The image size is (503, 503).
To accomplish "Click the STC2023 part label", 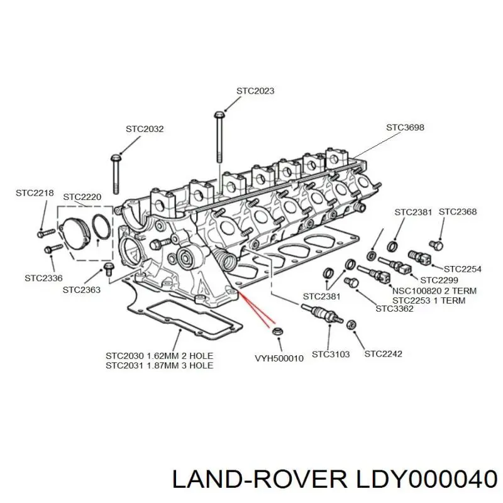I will (255, 91).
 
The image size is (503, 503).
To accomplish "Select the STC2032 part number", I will (144, 129).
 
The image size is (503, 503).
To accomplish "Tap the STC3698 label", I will (405, 127).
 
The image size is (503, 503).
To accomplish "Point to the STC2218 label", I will (35, 193).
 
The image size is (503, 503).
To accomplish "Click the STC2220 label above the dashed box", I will (82, 197).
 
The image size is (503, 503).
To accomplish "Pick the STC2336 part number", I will (43, 277).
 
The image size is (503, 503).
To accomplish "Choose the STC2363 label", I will (82, 290).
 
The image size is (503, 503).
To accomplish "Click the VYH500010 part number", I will (279, 358).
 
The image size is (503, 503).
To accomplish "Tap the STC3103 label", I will (331, 353).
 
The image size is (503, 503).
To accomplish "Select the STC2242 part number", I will (384, 353).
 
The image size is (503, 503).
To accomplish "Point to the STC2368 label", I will (457, 212).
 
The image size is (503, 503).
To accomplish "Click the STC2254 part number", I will (462, 269).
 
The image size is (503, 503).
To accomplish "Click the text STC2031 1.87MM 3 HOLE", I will (159, 365).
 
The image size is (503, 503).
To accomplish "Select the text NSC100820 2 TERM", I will (434, 291).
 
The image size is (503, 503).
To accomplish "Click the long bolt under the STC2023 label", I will (219, 141).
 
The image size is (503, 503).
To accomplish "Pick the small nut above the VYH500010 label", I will (277, 331).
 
